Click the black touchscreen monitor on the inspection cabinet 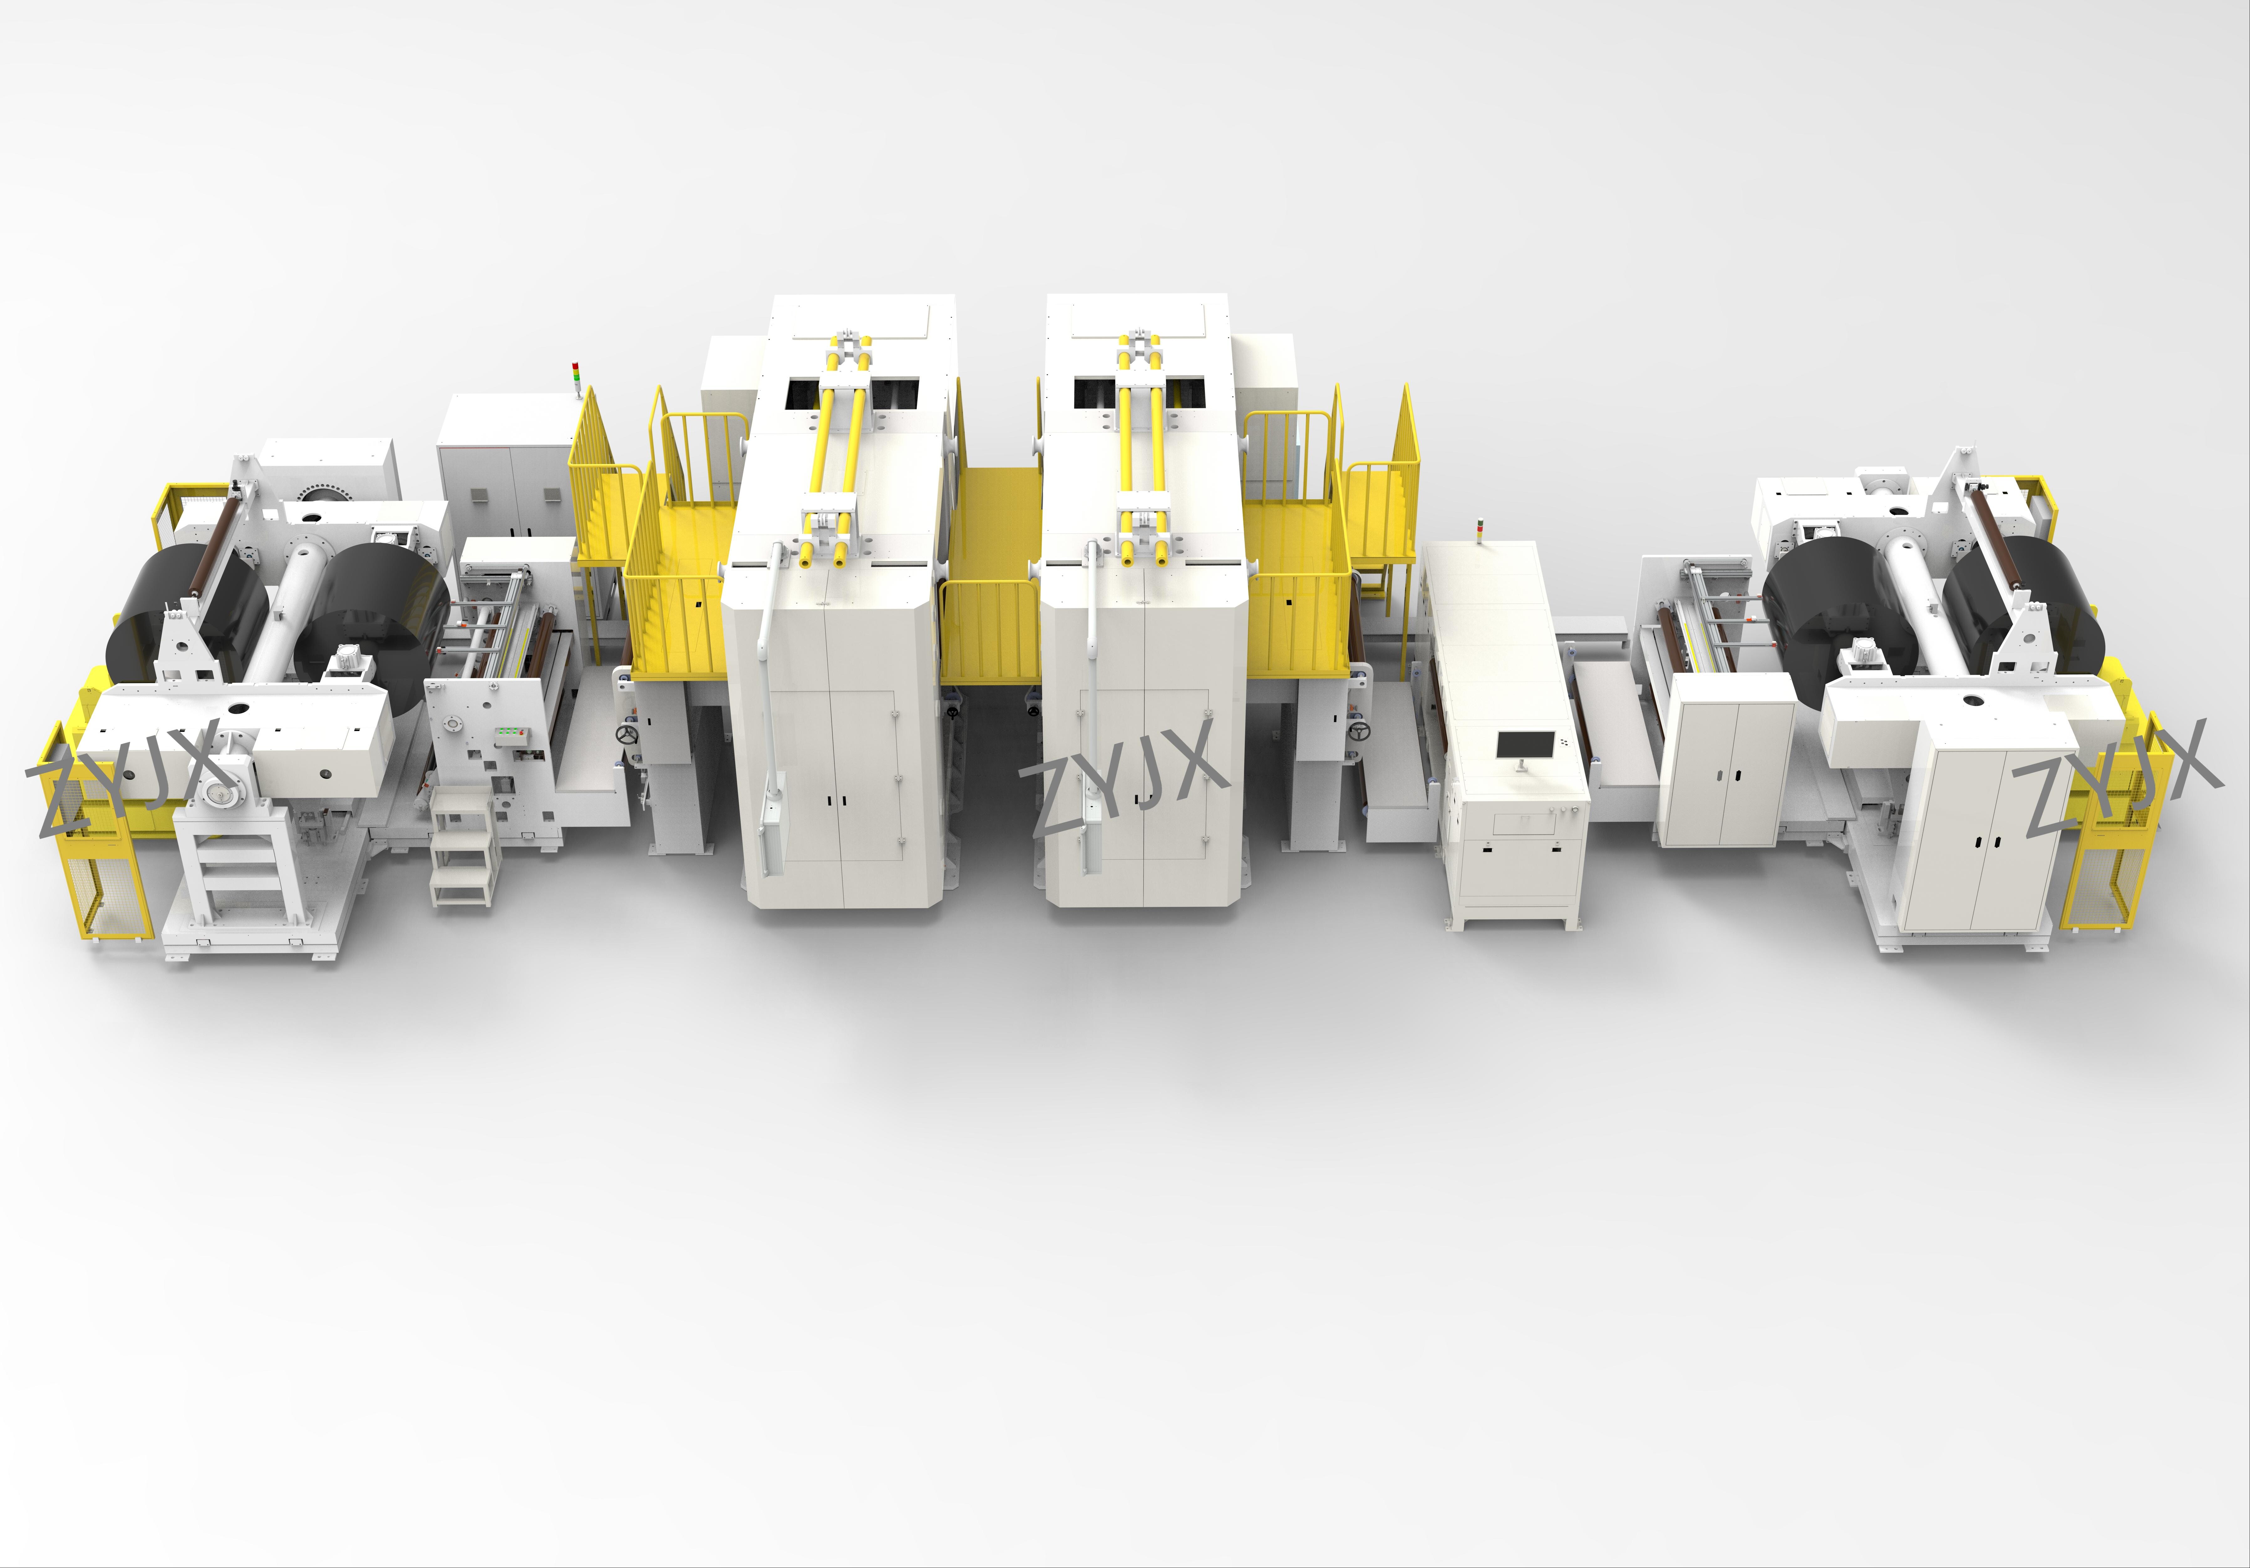tap(1525, 745)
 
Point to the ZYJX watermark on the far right tap(2117, 779)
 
